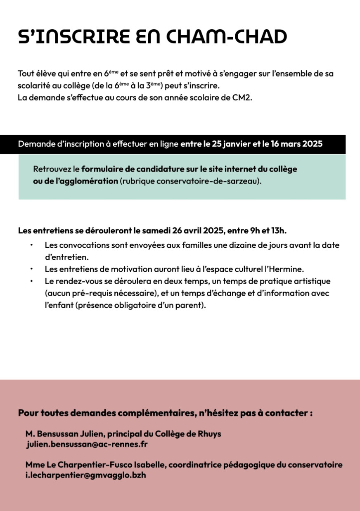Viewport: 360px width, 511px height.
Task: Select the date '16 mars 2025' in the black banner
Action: pyautogui.click(x=297, y=145)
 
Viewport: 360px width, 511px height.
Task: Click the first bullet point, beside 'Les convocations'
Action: pyautogui.click(x=31, y=245)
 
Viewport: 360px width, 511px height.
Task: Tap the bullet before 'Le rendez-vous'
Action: pyautogui.click(x=31, y=281)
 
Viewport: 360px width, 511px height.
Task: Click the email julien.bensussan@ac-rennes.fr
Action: pyautogui.click(x=87, y=444)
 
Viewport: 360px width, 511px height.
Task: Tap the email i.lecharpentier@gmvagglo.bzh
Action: pyautogui.click(x=85, y=475)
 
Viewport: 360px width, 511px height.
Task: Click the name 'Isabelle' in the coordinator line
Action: pyautogui.click(x=149, y=465)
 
